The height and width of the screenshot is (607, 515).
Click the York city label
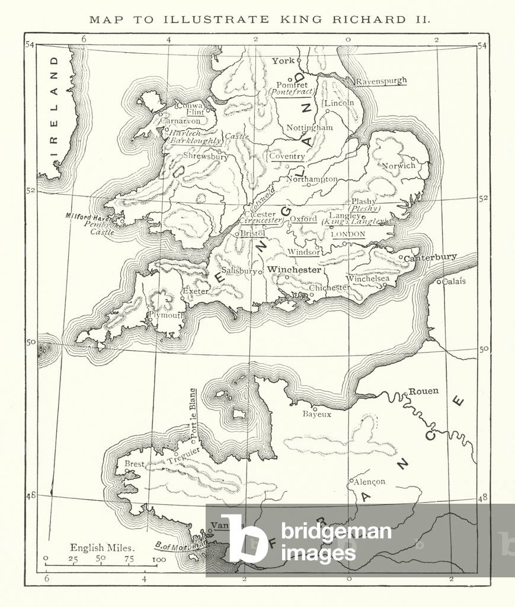click(x=283, y=61)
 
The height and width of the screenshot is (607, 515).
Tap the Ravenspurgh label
click(x=381, y=82)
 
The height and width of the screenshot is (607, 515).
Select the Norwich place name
click(x=398, y=166)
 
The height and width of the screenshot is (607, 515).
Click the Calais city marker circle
click(x=439, y=281)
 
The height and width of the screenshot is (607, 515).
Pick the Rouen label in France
click(x=423, y=391)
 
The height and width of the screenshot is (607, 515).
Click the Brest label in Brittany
click(x=134, y=464)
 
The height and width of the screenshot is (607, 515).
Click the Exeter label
click(x=195, y=291)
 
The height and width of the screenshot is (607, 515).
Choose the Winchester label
click(x=294, y=269)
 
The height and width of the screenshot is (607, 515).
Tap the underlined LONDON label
click(x=348, y=234)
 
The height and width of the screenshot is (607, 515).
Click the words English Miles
click(x=102, y=548)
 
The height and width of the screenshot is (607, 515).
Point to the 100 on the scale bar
click(x=158, y=559)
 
